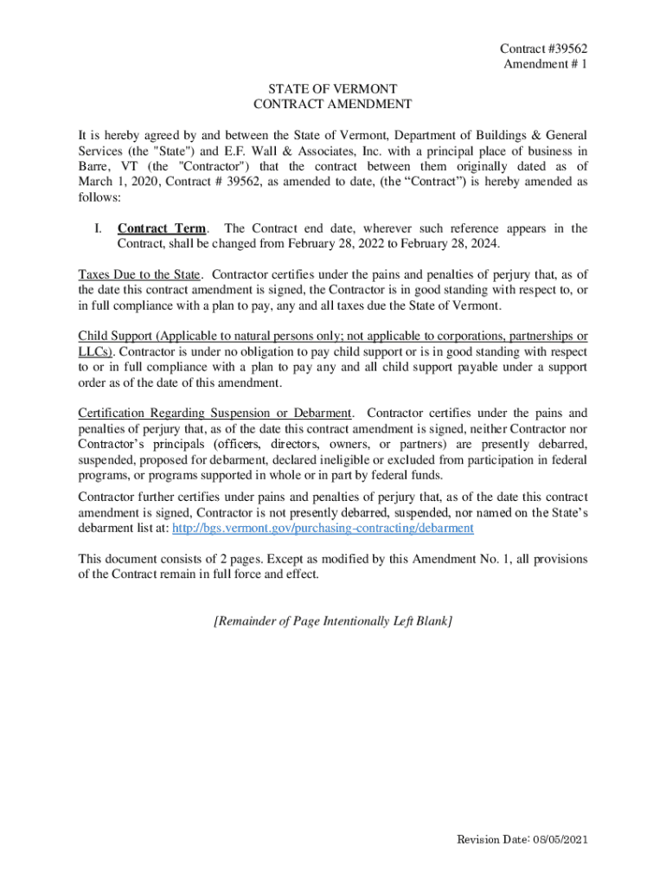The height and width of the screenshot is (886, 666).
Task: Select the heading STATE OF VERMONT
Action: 333,89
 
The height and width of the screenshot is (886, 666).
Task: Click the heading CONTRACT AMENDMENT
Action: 333,105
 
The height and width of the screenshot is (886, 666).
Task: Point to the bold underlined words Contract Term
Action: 162,229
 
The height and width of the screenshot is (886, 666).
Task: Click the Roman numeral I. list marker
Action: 100,229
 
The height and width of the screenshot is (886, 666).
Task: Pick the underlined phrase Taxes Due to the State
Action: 139,276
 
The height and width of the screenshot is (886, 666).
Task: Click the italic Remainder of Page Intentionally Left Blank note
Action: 333,621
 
